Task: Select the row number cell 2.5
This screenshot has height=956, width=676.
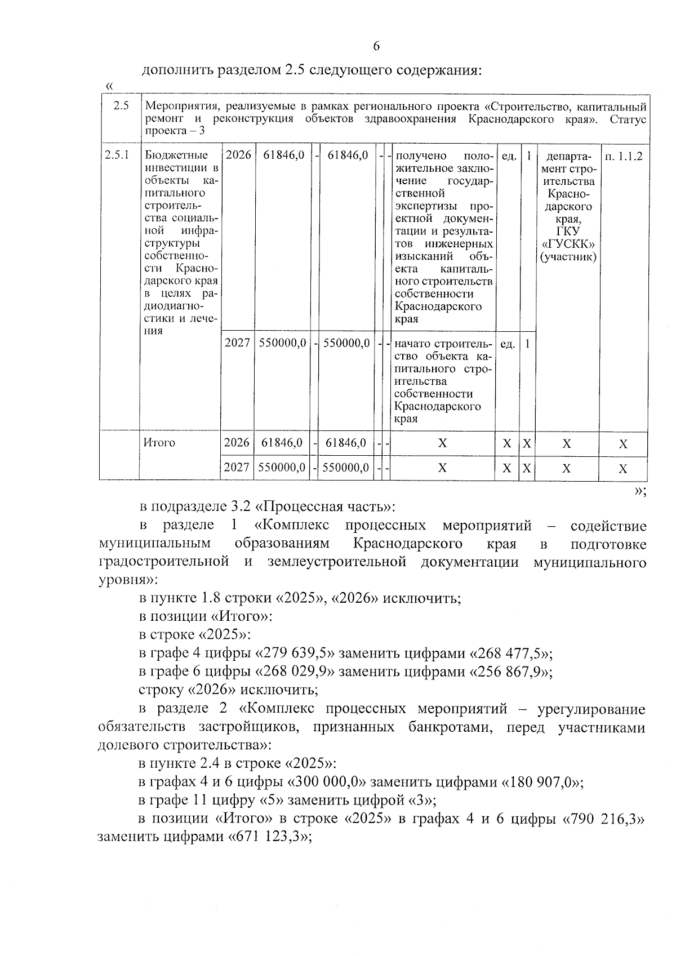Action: [x=121, y=106]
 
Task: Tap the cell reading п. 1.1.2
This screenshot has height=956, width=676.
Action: [x=623, y=156]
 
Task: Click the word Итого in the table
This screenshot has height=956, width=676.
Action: [x=160, y=443]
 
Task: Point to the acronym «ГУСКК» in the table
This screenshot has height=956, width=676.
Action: [x=568, y=244]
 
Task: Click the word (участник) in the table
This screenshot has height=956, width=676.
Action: [x=568, y=257]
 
